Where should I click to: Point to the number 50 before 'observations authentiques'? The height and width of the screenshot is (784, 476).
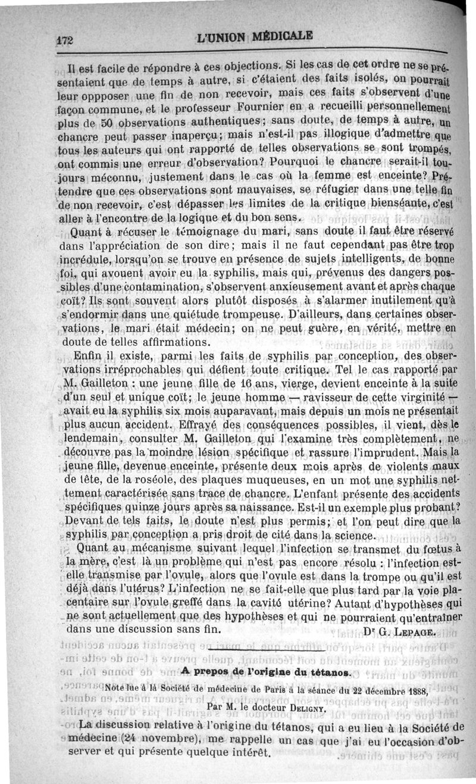point(107,123)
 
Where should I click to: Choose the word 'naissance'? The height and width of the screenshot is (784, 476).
point(262,507)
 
